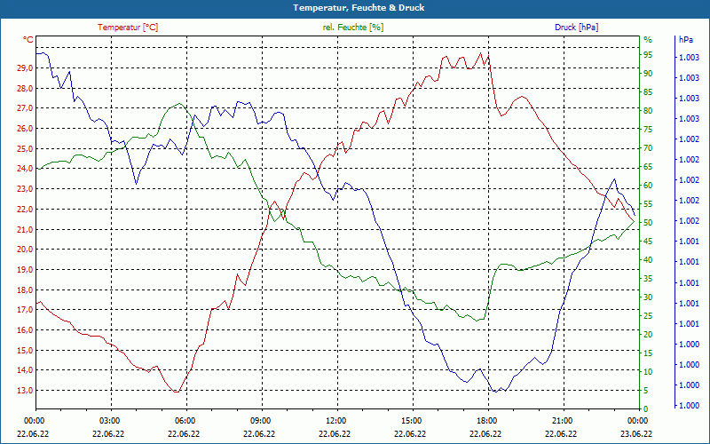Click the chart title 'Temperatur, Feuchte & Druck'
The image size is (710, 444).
tap(354, 7)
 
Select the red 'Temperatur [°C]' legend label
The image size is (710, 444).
tap(128, 28)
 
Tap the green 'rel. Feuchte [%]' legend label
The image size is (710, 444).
tap(353, 28)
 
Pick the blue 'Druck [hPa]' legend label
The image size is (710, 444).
tap(577, 28)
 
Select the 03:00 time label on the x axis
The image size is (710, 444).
tap(109, 420)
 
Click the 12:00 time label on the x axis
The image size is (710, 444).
tap(335, 420)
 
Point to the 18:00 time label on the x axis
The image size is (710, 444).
tap(486, 420)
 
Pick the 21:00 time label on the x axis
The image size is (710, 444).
tap(562, 420)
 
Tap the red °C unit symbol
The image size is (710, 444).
tap(28, 40)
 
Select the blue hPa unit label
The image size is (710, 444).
tap(686, 40)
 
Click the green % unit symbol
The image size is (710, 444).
tap(648, 40)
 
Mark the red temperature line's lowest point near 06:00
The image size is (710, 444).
tap(177, 392)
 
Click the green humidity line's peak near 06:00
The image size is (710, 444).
tap(180, 104)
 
